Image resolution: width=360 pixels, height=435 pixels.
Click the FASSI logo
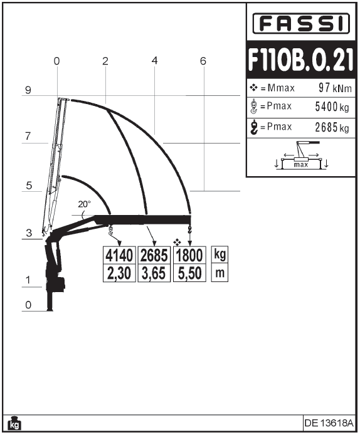tap(301, 23)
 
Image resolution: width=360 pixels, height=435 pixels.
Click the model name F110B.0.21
tap(300, 60)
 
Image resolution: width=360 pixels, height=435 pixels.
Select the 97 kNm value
tap(335, 88)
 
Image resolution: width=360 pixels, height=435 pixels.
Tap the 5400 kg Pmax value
tap(332, 107)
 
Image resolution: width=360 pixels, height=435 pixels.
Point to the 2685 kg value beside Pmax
tap(332, 127)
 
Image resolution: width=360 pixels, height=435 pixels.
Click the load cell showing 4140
tap(119, 255)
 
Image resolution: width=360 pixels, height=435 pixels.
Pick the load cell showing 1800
tap(189, 255)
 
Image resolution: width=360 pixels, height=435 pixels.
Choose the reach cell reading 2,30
tap(119, 273)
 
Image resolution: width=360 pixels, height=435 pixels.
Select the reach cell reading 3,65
tap(154, 273)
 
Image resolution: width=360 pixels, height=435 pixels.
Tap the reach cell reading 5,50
tap(189, 273)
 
